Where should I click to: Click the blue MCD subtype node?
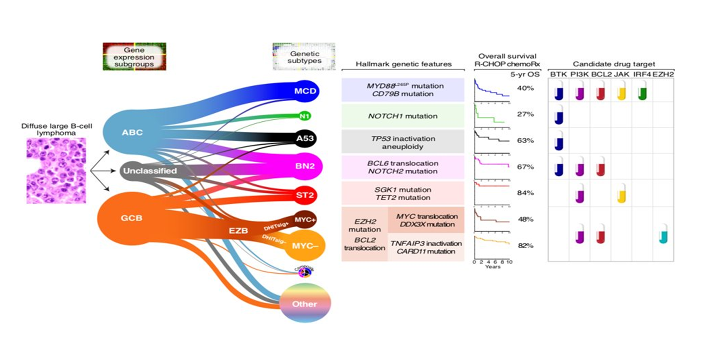pyautogui.click(x=305, y=91)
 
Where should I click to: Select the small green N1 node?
pyautogui.click(x=304, y=116)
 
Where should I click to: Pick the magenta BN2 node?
pyautogui.click(x=305, y=166)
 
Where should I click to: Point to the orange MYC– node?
pyautogui.click(x=305, y=246)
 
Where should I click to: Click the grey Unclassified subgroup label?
pyautogui.click(x=150, y=171)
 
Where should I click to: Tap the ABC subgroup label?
pyautogui.click(x=132, y=132)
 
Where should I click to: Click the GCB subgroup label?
pyautogui.click(x=131, y=218)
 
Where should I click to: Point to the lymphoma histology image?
pyautogui.click(x=56, y=171)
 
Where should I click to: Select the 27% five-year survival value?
pyautogui.click(x=525, y=114)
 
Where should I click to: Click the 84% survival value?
pyautogui.click(x=525, y=193)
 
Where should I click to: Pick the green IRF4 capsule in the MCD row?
pyautogui.click(x=642, y=91)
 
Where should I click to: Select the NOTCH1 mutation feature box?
pyautogui.click(x=403, y=116)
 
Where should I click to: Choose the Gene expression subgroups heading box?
pyautogui.click(x=134, y=57)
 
